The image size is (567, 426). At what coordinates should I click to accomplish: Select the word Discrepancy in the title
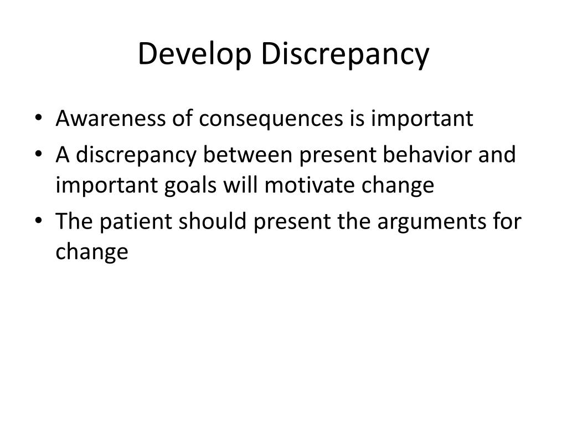pyautogui.click(x=346, y=55)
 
